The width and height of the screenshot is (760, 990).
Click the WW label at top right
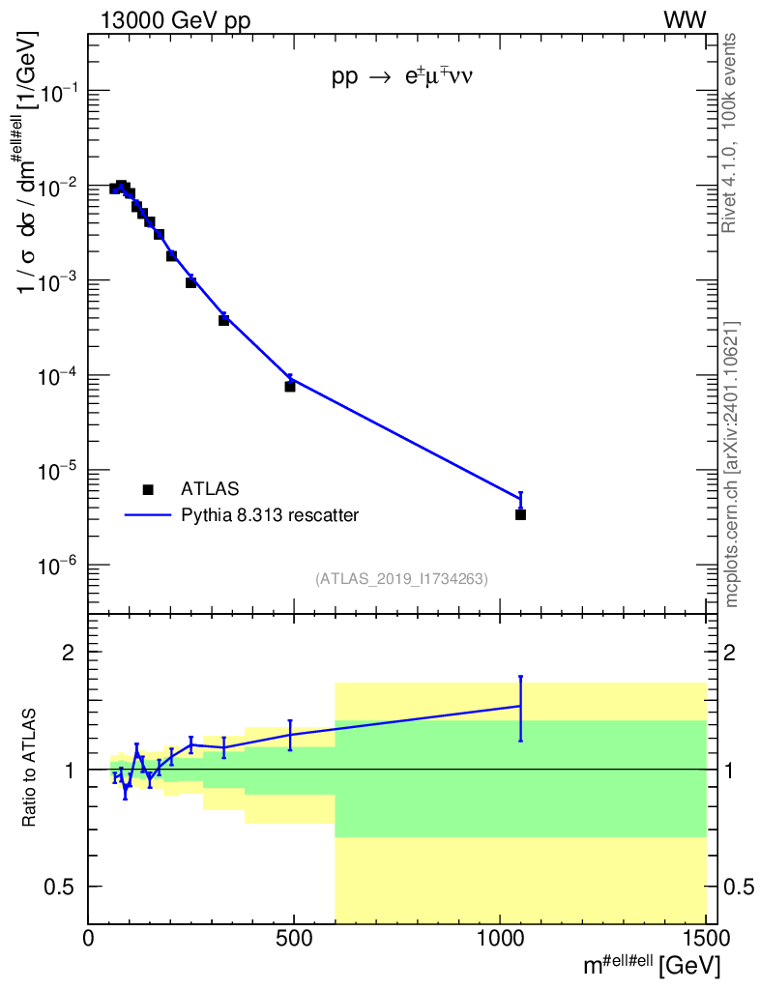(x=684, y=20)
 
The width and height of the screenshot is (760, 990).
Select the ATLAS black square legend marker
(x=148, y=489)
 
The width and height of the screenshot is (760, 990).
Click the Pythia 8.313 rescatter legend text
(x=270, y=515)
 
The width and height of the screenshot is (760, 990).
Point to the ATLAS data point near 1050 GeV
(x=520, y=514)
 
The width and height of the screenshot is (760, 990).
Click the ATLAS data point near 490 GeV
(x=289, y=387)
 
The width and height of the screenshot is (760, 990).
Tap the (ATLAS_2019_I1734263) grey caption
(x=401, y=579)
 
